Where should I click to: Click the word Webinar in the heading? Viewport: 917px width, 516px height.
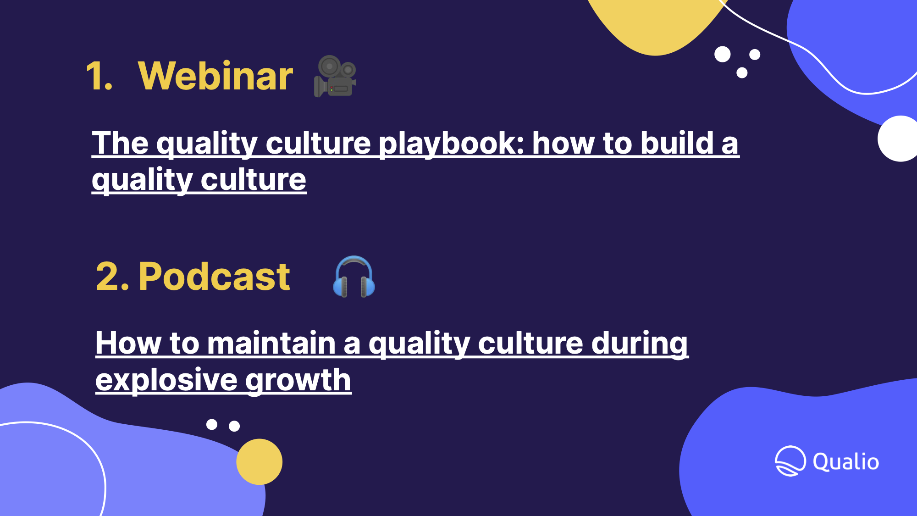click(215, 76)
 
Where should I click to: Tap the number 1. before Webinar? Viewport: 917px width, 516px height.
click(99, 76)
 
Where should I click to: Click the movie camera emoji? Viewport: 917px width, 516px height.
click(335, 76)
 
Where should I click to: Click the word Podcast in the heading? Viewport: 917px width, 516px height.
click(214, 277)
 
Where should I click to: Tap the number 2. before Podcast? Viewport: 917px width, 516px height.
click(113, 277)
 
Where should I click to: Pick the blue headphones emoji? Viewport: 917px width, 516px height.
click(354, 277)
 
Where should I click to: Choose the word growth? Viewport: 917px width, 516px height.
click(298, 381)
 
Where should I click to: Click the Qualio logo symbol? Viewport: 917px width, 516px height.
click(790, 461)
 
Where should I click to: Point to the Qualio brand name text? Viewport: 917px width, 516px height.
click(846, 462)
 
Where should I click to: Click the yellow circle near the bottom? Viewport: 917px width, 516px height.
click(260, 462)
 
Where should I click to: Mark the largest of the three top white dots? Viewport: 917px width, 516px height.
click(723, 54)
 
